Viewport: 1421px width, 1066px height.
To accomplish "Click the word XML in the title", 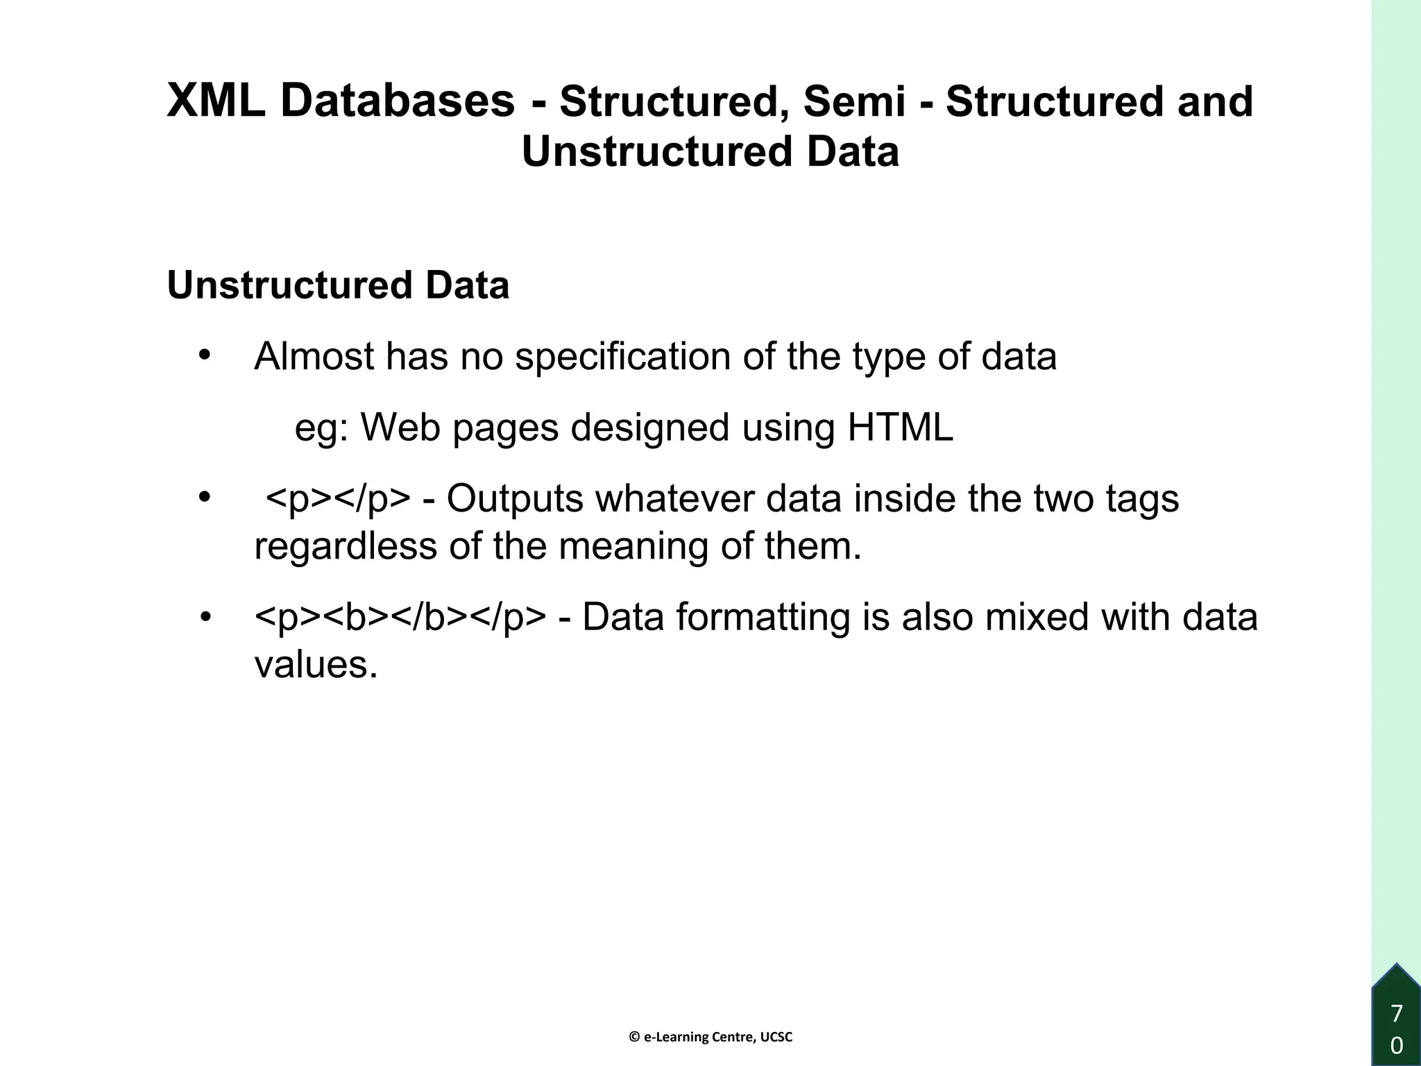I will (216, 101).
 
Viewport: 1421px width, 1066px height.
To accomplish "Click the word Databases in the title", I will (398, 101).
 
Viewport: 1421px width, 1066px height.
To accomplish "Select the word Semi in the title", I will (854, 101).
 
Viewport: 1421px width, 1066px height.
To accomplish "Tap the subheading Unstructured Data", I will (338, 285).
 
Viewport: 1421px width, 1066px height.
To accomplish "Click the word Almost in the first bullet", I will (313, 357).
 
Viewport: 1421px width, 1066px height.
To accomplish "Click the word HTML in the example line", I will (900, 428).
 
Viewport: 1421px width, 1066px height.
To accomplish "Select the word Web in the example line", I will (400, 428).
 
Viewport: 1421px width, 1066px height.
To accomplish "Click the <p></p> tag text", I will (337, 500).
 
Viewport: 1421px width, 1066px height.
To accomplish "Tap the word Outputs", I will (514, 498).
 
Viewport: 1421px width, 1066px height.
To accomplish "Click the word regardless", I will (346, 546).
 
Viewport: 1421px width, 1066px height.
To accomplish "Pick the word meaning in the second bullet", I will (633, 546).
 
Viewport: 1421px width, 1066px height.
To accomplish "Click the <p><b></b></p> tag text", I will (400, 618).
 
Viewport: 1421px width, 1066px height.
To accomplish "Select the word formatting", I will (763, 618).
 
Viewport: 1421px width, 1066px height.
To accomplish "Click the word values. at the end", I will (316, 665).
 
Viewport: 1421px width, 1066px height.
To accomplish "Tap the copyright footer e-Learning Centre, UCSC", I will (710, 1037).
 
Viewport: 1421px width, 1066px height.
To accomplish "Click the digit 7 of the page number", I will (1397, 1013).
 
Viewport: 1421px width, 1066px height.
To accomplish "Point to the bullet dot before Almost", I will (204, 355).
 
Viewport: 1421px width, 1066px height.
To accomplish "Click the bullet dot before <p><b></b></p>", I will (205, 617).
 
